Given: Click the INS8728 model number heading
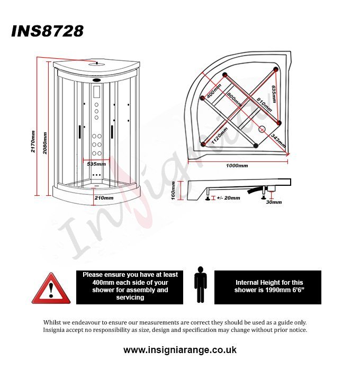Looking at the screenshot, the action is (x=48, y=31).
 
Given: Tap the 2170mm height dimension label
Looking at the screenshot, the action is (x=33, y=141).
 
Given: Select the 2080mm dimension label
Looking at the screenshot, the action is (x=45, y=143).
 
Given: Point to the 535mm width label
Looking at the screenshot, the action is (x=96, y=164).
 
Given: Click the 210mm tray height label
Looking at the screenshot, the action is (x=104, y=198).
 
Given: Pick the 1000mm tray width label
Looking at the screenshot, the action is (x=237, y=166).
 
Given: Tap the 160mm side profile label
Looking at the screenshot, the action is (x=173, y=191).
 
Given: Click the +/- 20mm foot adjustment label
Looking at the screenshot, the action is (x=229, y=198).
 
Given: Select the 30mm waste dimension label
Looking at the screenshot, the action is (x=274, y=202).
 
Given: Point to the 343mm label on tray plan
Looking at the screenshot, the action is (x=278, y=140).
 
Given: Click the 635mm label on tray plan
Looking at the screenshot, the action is (x=274, y=94).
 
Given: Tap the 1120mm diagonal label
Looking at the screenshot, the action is (x=220, y=136).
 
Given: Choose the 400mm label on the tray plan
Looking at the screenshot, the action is (x=214, y=91).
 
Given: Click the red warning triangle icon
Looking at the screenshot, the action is (x=51, y=288).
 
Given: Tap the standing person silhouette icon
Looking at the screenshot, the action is (x=201, y=284).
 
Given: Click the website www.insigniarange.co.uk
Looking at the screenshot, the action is (x=180, y=350).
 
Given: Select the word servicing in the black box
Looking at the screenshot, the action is (x=130, y=297).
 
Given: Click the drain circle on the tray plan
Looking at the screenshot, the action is (x=262, y=129).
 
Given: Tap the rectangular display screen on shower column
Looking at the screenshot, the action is (x=97, y=92).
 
